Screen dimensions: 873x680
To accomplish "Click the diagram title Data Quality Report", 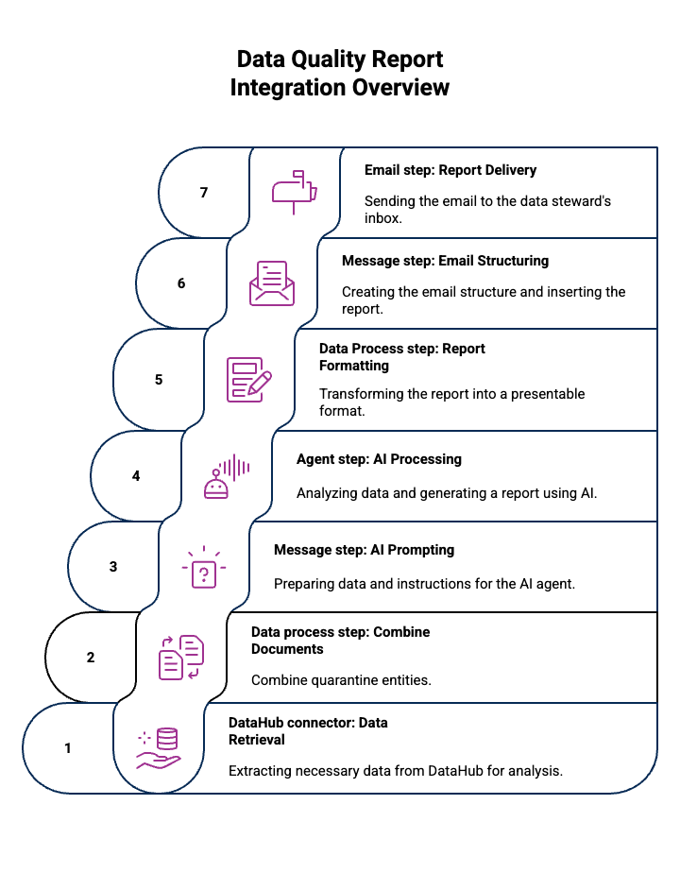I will (340, 60).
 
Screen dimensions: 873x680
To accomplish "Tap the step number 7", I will (204, 193).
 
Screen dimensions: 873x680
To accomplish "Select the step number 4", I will (136, 476).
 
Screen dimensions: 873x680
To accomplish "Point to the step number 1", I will (68, 748).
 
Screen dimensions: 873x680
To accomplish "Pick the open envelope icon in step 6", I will (272, 282).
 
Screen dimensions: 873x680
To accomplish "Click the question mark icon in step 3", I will (204, 569).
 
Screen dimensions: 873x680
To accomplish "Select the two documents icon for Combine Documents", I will (181, 658).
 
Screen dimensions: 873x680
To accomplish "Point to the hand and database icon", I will (159, 748).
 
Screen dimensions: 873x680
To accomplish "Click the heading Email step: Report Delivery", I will (450, 171).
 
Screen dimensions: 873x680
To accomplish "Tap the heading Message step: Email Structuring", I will (445, 261).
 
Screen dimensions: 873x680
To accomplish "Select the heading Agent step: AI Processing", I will (379, 459).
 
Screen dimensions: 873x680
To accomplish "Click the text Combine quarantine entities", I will (341, 680).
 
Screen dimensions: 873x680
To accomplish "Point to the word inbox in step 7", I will (383, 218).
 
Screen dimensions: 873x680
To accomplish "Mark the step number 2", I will (91, 658).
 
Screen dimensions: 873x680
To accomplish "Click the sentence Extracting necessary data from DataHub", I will (396, 771).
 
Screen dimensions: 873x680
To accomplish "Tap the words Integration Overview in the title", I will (340, 89).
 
